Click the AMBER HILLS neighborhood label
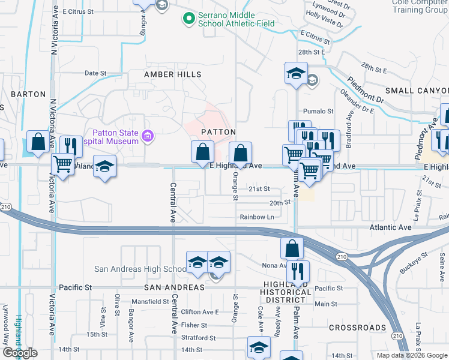172,74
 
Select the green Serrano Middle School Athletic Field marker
190,19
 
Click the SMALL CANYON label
417,91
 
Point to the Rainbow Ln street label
257,217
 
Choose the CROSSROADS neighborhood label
357,328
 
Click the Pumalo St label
318,111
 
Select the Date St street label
95,73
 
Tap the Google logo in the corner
19,353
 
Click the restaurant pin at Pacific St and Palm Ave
297,271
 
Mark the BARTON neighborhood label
28,94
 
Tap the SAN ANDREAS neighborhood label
178,288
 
